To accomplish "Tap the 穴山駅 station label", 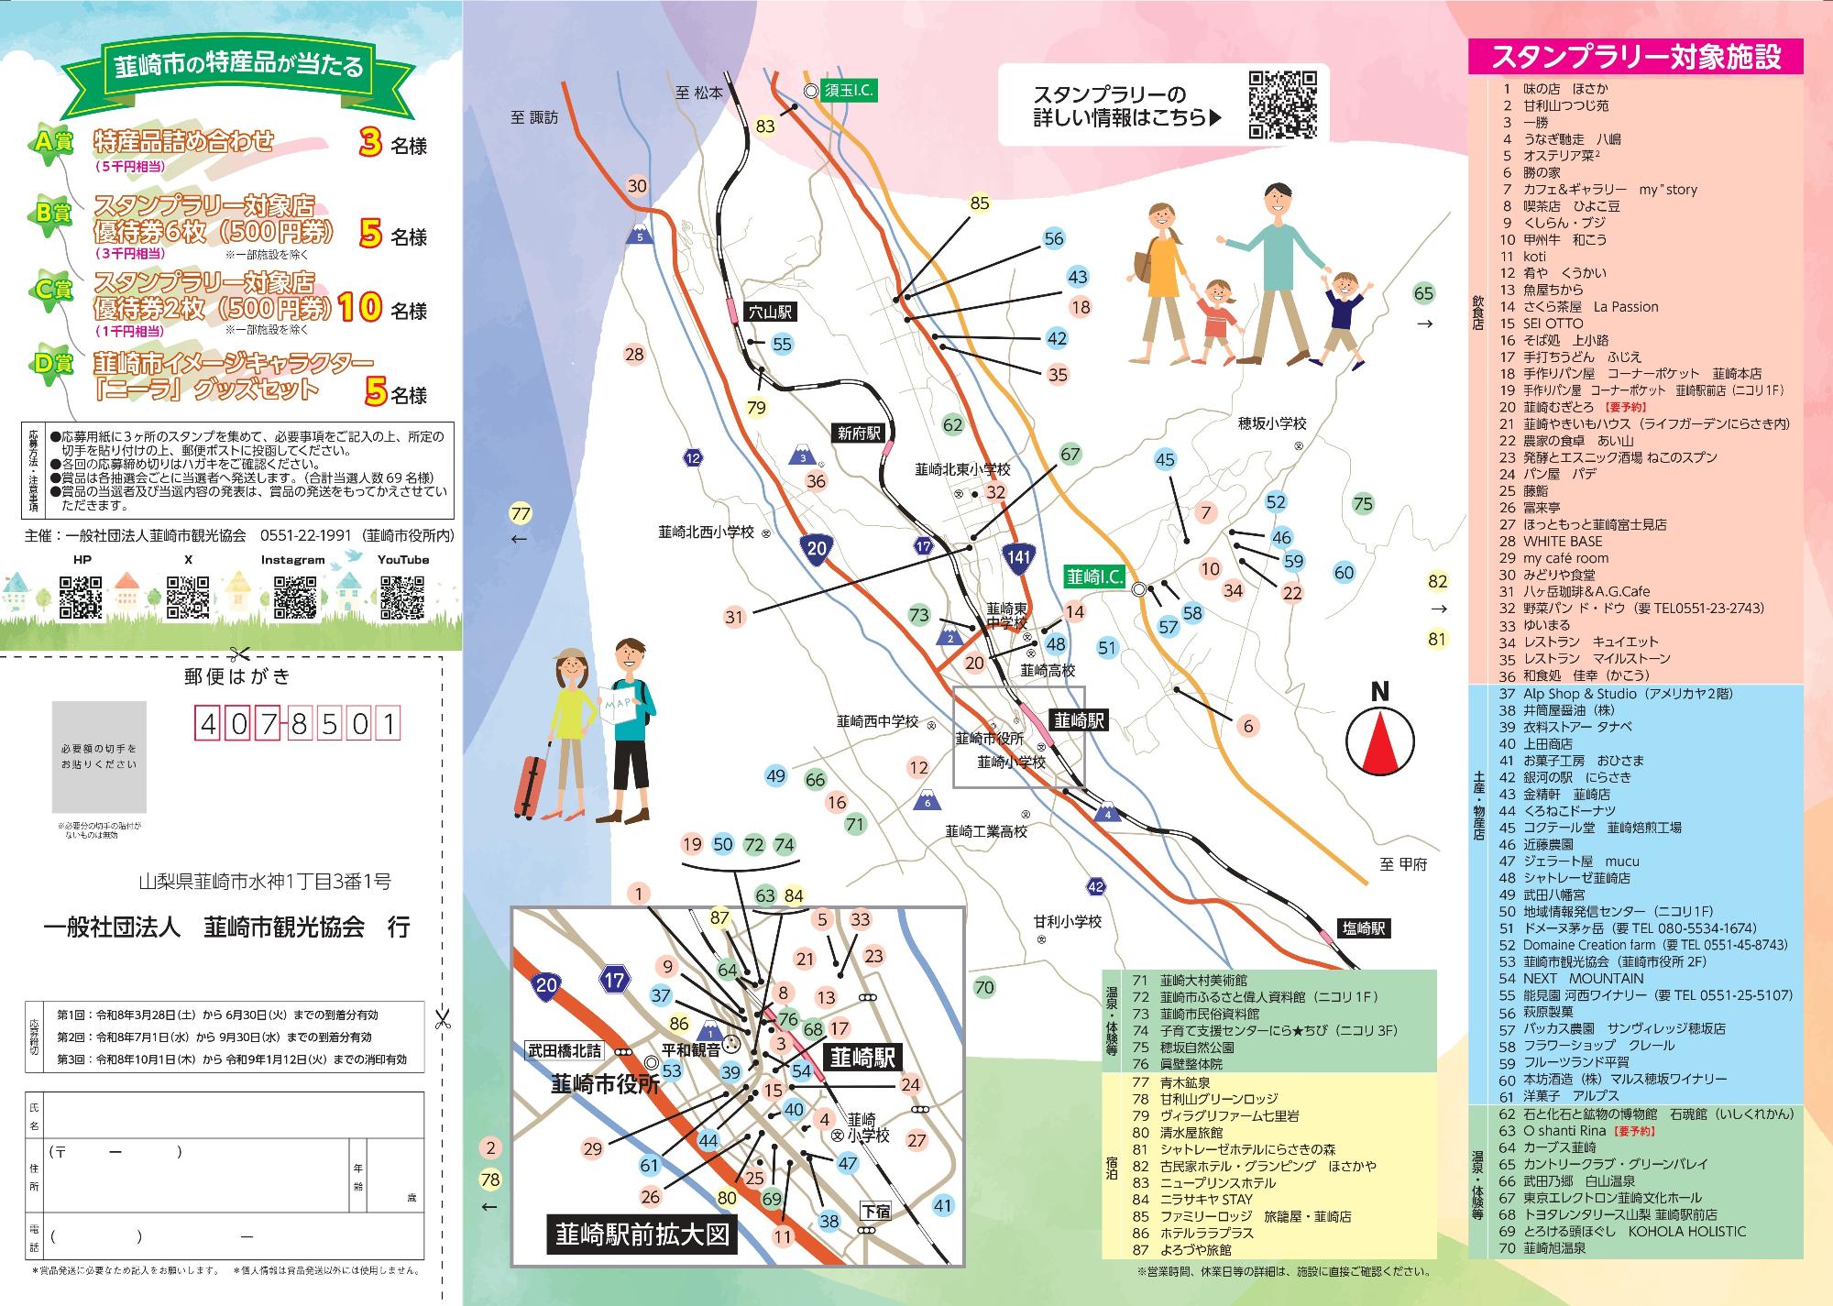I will pyautogui.click(x=769, y=312).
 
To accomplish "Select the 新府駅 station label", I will pyautogui.click(x=858, y=433).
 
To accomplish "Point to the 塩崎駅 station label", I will pyautogui.click(x=1363, y=927).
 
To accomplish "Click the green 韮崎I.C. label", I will pyautogui.click(x=1094, y=576).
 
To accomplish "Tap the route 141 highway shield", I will pyautogui.click(x=1019, y=556).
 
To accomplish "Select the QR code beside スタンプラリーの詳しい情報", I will pyautogui.click(x=1283, y=104).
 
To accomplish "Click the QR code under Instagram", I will pyautogui.click(x=295, y=596).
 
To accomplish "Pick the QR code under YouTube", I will pyautogui.click(x=401, y=596).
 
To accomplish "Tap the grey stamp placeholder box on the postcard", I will pyautogui.click(x=99, y=757).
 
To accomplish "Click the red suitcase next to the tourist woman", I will pyautogui.click(x=532, y=784).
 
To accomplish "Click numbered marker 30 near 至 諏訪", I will pyautogui.click(x=636, y=186).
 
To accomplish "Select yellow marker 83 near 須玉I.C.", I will pyautogui.click(x=765, y=126).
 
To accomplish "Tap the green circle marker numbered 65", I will pyautogui.click(x=1423, y=293).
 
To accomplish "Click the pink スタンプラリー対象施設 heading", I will pyautogui.click(x=1636, y=57).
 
